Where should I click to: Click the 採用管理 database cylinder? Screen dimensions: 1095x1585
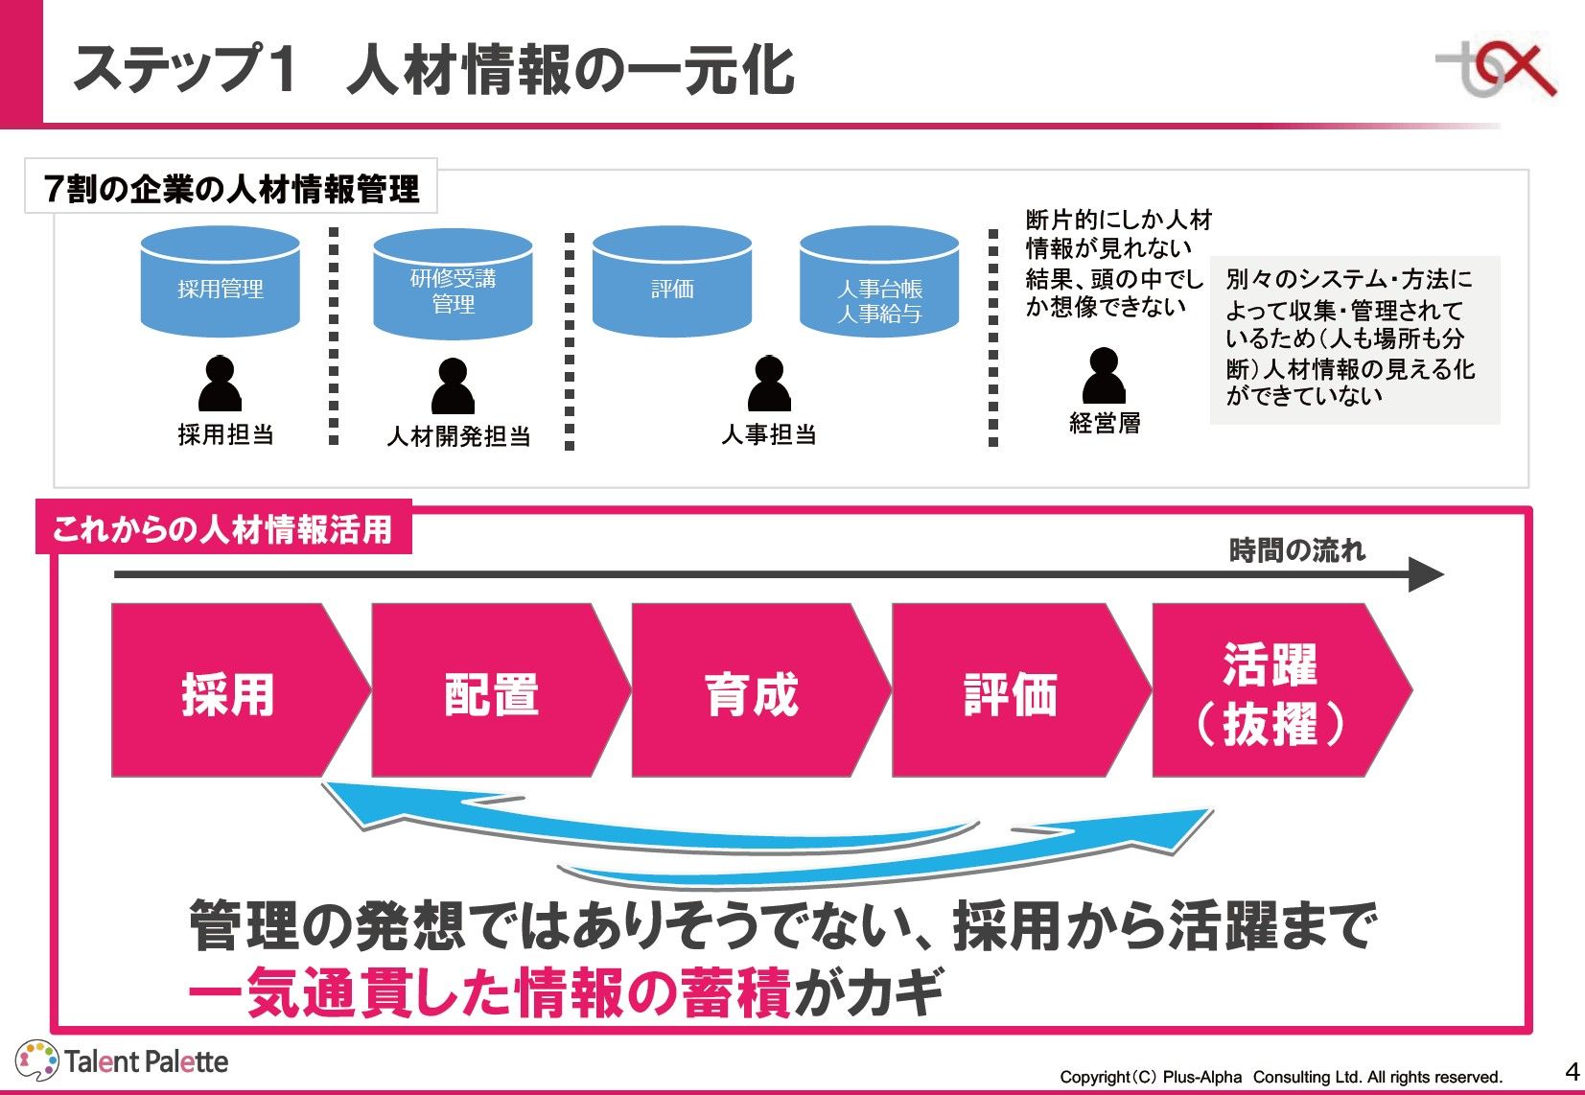(x=221, y=283)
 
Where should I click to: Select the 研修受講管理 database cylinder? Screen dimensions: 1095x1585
(x=453, y=286)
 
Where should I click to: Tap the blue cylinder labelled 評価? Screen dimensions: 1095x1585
(x=672, y=283)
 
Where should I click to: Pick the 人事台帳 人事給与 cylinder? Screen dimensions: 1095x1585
(x=879, y=284)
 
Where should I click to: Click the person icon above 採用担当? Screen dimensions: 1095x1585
(x=220, y=384)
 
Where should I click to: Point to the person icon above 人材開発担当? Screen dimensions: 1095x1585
(x=453, y=386)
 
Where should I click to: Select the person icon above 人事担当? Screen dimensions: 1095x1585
(x=769, y=384)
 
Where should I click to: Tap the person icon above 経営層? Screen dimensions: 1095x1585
(x=1104, y=376)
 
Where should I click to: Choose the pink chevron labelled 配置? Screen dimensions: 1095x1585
(x=491, y=690)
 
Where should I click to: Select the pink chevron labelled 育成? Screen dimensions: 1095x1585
(x=752, y=690)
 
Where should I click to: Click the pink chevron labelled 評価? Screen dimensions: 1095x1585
(x=1012, y=690)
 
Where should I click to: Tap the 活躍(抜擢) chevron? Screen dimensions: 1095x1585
(x=1271, y=690)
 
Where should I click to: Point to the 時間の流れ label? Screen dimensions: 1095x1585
(x=1296, y=550)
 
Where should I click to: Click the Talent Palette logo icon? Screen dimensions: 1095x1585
(x=38, y=1061)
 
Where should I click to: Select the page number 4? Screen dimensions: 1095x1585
(x=1572, y=1071)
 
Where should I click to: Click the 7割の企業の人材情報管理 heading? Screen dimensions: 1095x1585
(x=231, y=188)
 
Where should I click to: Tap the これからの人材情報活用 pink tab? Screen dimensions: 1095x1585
(x=223, y=528)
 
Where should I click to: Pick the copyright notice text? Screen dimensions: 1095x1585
(x=1280, y=1077)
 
